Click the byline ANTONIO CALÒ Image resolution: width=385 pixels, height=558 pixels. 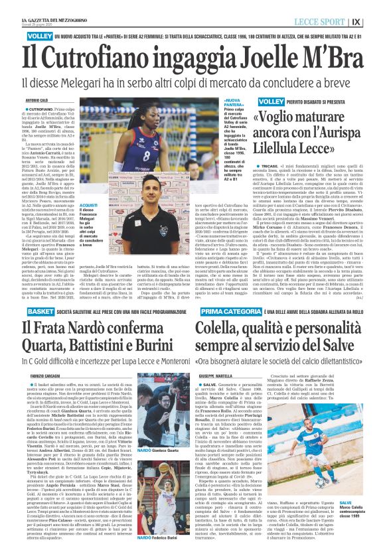(x=39, y=100)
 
